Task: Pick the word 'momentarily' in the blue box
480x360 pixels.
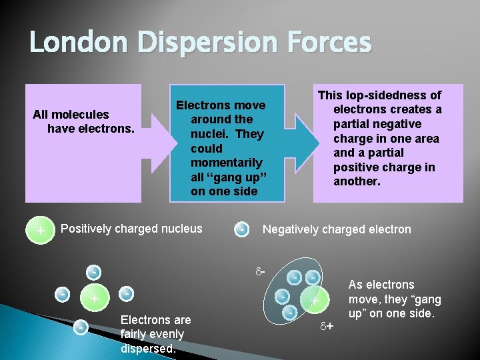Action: coord(227,163)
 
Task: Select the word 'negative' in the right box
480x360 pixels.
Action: coord(397,125)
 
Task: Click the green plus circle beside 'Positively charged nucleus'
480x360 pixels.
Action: coord(41,231)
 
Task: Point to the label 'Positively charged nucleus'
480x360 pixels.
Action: coord(131,229)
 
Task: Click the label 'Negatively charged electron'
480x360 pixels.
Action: coord(337,229)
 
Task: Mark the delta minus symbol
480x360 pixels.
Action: coord(260,271)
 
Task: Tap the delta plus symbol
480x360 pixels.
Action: coord(326,327)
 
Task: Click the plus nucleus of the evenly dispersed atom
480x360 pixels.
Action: coord(95,298)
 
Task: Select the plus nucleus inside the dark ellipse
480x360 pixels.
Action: coord(314,301)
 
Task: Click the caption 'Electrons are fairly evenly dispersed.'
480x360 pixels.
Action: coord(155,334)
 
